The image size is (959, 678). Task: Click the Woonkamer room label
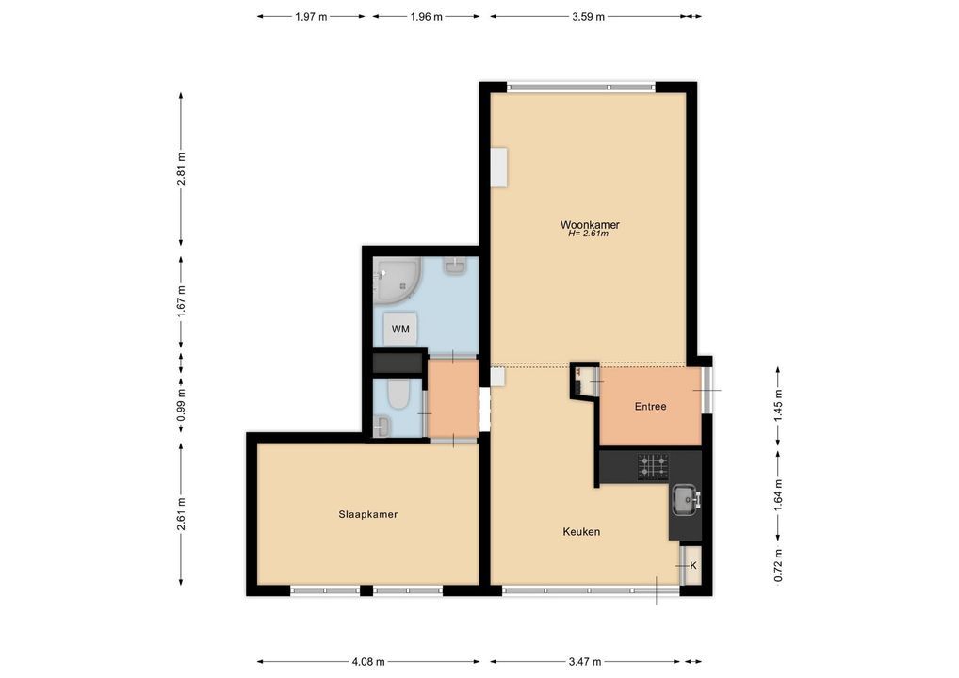(x=590, y=224)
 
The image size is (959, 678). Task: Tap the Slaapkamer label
(x=368, y=514)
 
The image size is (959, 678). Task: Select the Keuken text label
(x=581, y=531)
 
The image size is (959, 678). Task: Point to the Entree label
(x=650, y=406)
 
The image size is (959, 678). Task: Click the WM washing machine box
(x=400, y=329)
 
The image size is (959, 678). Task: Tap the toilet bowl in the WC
(x=398, y=395)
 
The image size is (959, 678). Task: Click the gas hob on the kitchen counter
(x=653, y=466)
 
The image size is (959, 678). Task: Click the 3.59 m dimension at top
(x=589, y=17)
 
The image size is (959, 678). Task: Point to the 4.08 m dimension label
(x=368, y=661)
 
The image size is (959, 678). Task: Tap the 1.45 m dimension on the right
(x=778, y=406)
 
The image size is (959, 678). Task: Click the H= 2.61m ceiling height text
(x=589, y=233)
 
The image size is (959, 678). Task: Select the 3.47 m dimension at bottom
(x=585, y=661)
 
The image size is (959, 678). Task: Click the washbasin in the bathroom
(x=455, y=266)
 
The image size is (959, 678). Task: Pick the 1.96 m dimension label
(x=427, y=17)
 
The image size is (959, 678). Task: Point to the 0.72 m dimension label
(x=778, y=566)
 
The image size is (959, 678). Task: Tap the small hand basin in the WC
(x=381, y=427)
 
